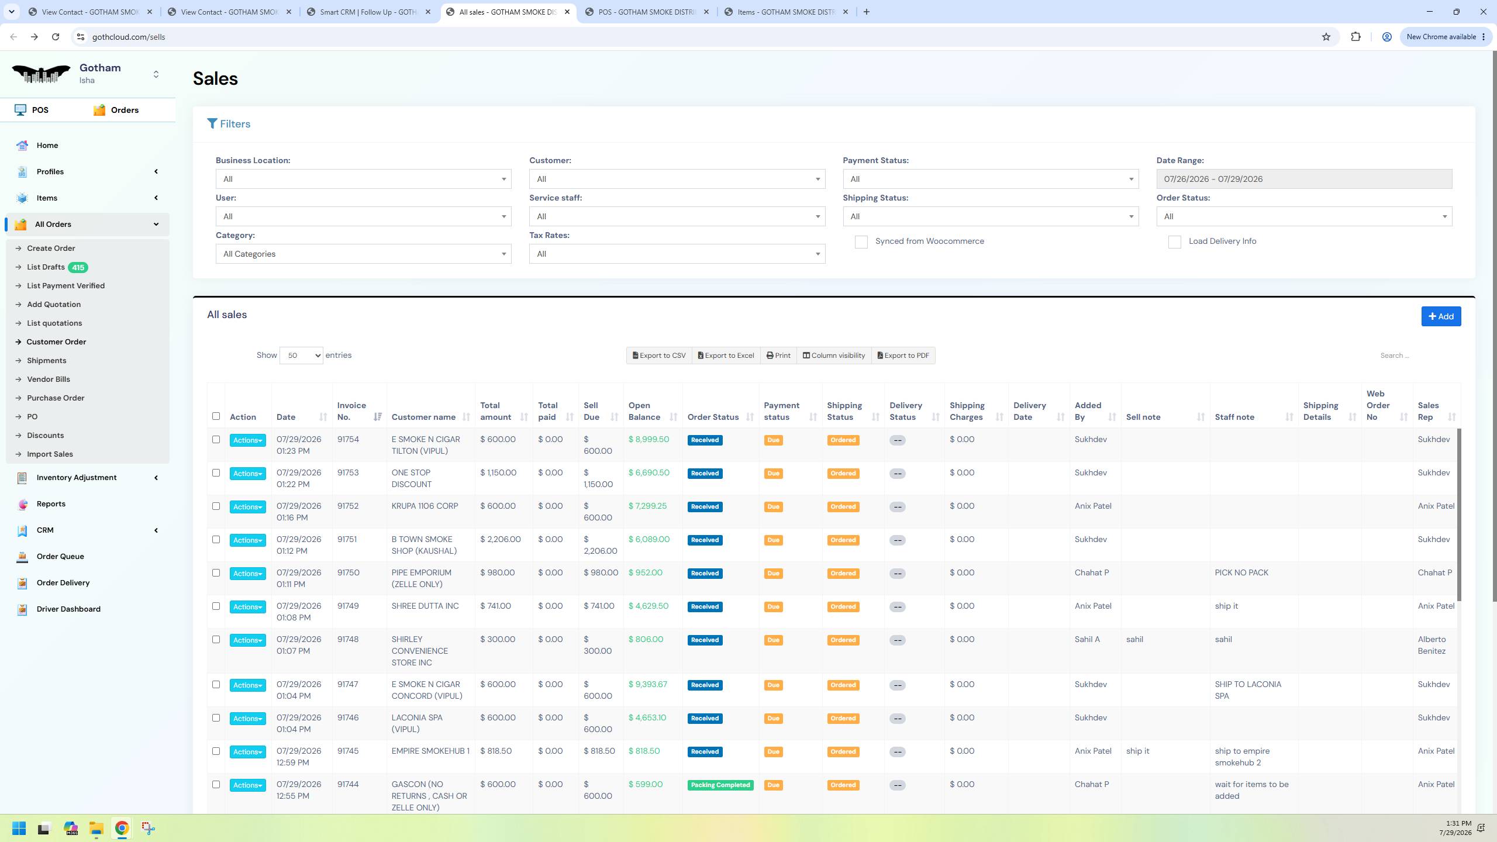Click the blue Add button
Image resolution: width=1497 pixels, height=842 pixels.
[x=1441, y=316]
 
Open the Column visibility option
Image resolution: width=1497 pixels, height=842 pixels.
[x=834, y=356]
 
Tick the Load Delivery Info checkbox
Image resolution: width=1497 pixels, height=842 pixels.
[x=1174, y=242]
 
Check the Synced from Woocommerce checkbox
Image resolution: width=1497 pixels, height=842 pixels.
[x=861, y=242]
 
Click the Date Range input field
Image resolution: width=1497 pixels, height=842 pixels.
[x=1304, y=179]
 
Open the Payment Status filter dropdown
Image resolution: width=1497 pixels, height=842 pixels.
[x=991, y=179]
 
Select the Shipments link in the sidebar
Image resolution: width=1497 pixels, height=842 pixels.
[x=46, y=361]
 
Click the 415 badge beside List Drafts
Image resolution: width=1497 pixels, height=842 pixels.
[x=78, y=267]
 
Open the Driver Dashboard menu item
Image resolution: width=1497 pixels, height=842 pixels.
[x=68, y=609]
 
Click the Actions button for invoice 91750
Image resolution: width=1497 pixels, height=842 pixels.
[x=247, y=574]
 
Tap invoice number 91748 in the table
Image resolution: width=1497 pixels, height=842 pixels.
[x=348, y=640]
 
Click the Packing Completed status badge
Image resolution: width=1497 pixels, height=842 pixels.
[x=720, y=785]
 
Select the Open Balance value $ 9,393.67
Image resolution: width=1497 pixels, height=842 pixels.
[x=647, y=685]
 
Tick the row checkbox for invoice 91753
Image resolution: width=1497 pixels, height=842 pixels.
[x=216, y=473]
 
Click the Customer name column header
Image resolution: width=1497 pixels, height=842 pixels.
[x=423, y=417]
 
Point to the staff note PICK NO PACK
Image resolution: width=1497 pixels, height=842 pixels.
[x=1241, y=573]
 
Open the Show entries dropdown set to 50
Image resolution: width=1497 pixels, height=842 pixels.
[x=301, y=356]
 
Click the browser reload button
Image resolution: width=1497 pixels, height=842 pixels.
[x=56, y=37]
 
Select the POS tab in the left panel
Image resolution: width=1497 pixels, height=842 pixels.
[x=32, y=110]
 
